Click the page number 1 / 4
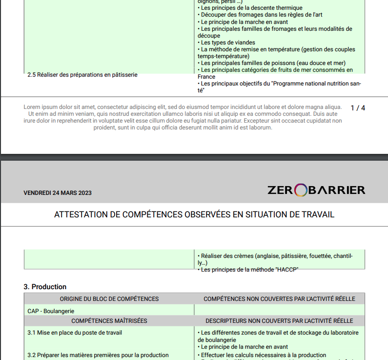(358, 107)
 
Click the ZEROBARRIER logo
(316, 190)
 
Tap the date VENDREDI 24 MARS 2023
(58, 193)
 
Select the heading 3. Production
(45, 287)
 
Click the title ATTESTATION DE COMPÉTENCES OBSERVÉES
(194, 215)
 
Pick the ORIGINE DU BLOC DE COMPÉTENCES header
(109, 299)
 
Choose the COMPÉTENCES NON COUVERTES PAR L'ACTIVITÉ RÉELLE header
(279, 299)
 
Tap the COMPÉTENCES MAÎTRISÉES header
(109, 321)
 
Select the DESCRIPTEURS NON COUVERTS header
(279, 321)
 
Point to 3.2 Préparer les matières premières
(98, 355)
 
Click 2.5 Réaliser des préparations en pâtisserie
(82, 75)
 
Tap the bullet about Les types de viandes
(228, 42)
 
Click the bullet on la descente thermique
(251, 8)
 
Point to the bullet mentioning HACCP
(249, 270)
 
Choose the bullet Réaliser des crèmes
(275, 256)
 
